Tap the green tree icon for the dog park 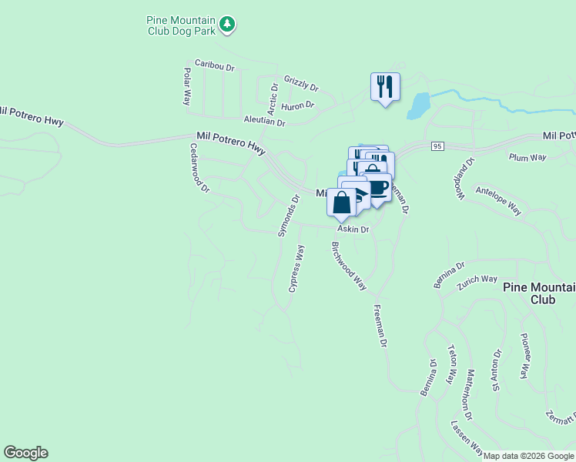(226, 25)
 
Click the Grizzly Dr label (301, 80)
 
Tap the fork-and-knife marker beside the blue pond (383, 86)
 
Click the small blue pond (419, 105)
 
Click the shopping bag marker (342, 203)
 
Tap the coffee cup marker (378, 187)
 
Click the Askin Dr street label (353, 229)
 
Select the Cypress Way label (296, 269)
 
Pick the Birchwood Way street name (349, 266)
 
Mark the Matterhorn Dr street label (469, 394)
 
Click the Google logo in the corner (25, 453)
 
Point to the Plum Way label (527, 157)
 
